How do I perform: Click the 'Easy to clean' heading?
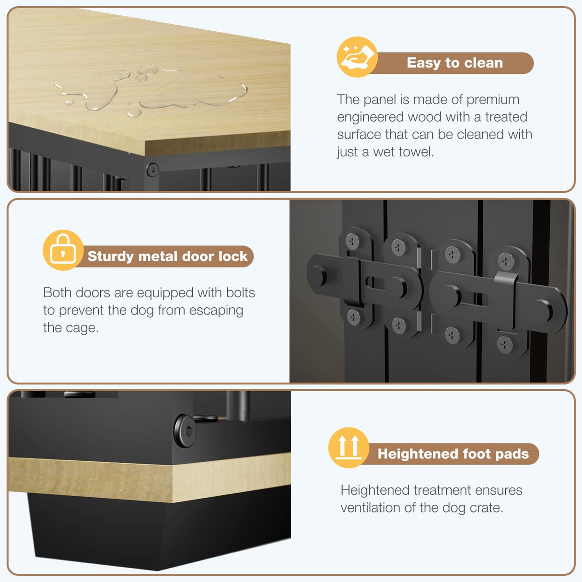click(x=454, y=63)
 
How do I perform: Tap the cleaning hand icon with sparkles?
click(x=357, y=57)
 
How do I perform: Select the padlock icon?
click(x=63, y=250)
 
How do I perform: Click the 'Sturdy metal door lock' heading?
click(x=167, y=256)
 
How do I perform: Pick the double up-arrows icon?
click(x=349, y=447)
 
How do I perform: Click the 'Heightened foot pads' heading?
click(x=453, y=454)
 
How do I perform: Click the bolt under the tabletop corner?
click(x=152, y=170)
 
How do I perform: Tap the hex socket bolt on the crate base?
click(x=185, y=431)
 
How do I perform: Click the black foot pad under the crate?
click(x=158, y=532)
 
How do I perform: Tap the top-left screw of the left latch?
click(x=352, y=241)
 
